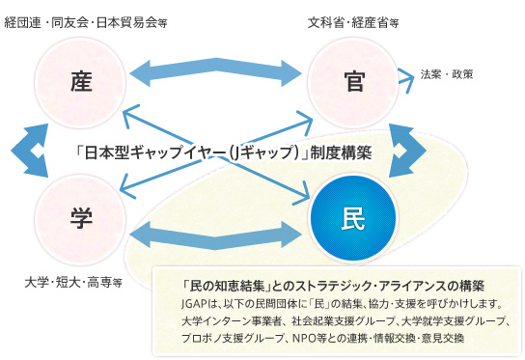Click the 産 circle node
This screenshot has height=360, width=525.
click(80, 78)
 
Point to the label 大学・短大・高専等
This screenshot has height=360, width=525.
click(72, 283)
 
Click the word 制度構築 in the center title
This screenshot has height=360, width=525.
click(339, 152)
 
